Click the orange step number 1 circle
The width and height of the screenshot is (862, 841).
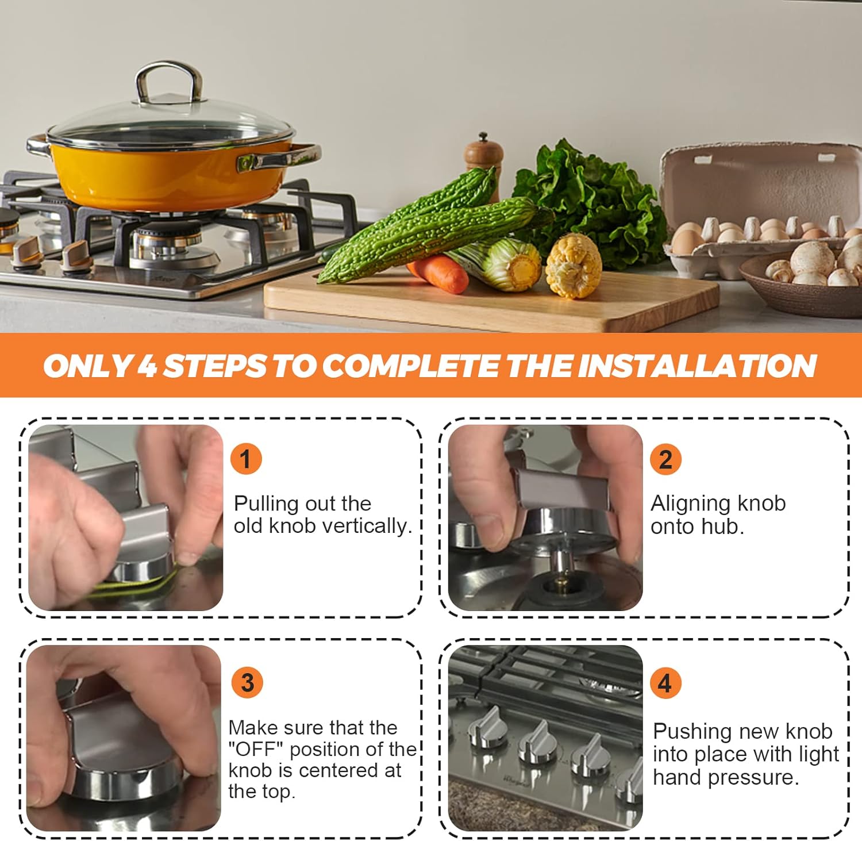[x=246, y=459]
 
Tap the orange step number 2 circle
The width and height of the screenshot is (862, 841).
[x=665, y=459]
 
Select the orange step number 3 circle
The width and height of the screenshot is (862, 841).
[x=247, y=682]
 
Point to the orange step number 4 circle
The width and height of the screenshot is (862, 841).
[x=665, y=682]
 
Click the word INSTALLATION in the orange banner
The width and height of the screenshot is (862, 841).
[x=697, y=366]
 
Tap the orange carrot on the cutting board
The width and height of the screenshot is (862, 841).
[x=438, y=272]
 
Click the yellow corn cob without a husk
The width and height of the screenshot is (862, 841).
[x=573, y=266]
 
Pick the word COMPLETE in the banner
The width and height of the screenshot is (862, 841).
[x=410, y=366]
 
